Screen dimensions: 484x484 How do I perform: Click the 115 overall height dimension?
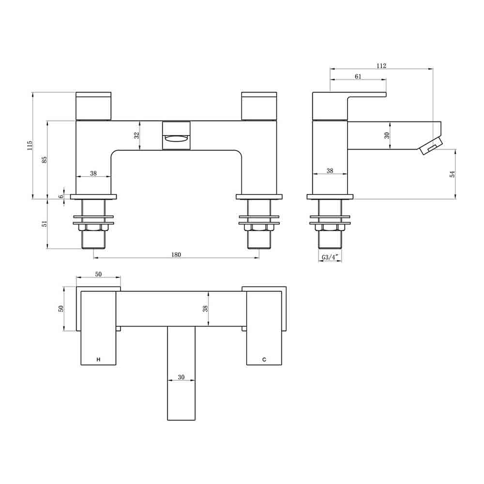(30, 145)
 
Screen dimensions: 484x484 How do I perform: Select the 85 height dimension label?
(45, 160)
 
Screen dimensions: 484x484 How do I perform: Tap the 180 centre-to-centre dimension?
(176, 255)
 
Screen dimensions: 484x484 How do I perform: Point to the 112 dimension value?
(381, 66)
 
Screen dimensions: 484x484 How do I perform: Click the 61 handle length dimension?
(358, 76)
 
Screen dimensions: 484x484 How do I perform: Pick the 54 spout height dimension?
(453, 174)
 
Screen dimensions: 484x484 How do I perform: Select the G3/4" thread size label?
(330, 257)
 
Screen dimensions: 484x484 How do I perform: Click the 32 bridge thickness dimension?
(137, 135)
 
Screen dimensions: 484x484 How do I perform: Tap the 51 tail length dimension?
(45, 224)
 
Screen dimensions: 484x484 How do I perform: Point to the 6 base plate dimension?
(61, 197)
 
